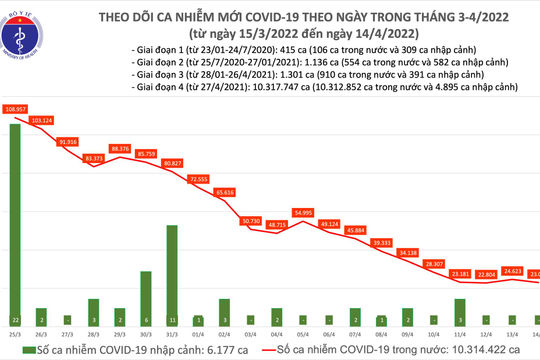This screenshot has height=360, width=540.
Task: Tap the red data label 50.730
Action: pyautogui.click(x=252, y=220)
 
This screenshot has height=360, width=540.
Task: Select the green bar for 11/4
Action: pyautogui.click(x=459, y=306)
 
